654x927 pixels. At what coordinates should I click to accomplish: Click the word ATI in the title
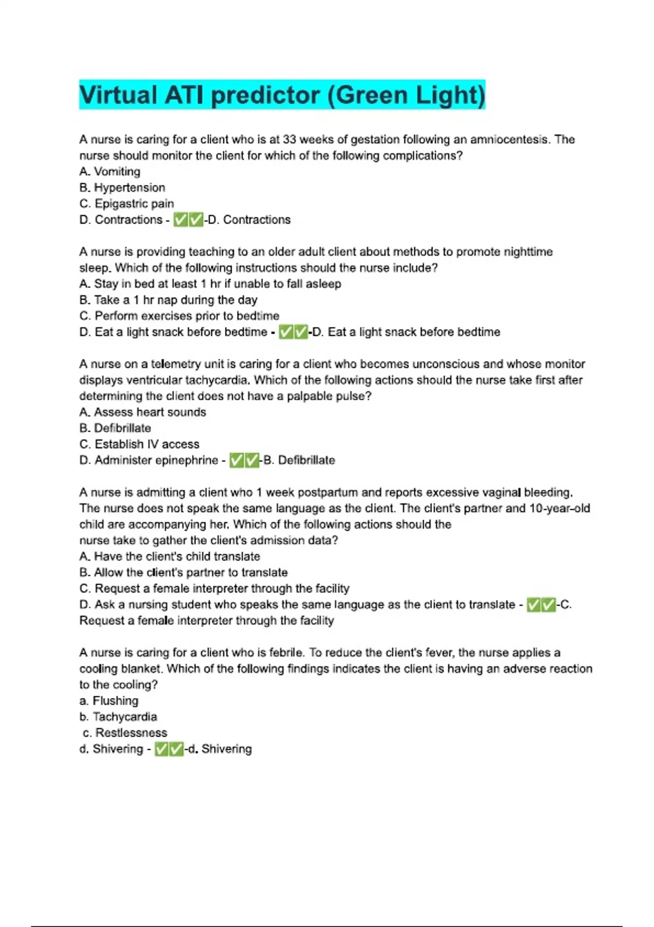click(x=184, y=95)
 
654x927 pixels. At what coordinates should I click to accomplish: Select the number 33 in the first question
click(x=289, y=140)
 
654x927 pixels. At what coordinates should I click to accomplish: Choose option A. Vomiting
click(x=110, y=172)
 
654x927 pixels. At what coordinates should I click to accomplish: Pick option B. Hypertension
click(x=122, y=188)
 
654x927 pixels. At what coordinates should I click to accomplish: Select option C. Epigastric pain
click(x=126, y=204)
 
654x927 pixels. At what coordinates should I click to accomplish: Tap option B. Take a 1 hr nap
click(x=168, y=300)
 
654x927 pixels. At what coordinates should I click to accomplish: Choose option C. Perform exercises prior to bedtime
click(x=179, y=316)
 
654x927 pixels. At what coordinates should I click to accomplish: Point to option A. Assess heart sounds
click(x=142, y=412)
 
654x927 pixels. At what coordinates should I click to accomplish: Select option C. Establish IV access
click(x=139, y=444)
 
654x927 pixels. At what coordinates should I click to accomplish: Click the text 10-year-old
click(x=560, y=509)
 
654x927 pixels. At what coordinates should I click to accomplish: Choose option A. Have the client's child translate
click(x=169, y=557)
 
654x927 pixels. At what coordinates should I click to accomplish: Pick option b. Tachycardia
click(x=118, y=717)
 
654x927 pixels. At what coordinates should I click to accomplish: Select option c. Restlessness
click(x=125, y=733)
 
